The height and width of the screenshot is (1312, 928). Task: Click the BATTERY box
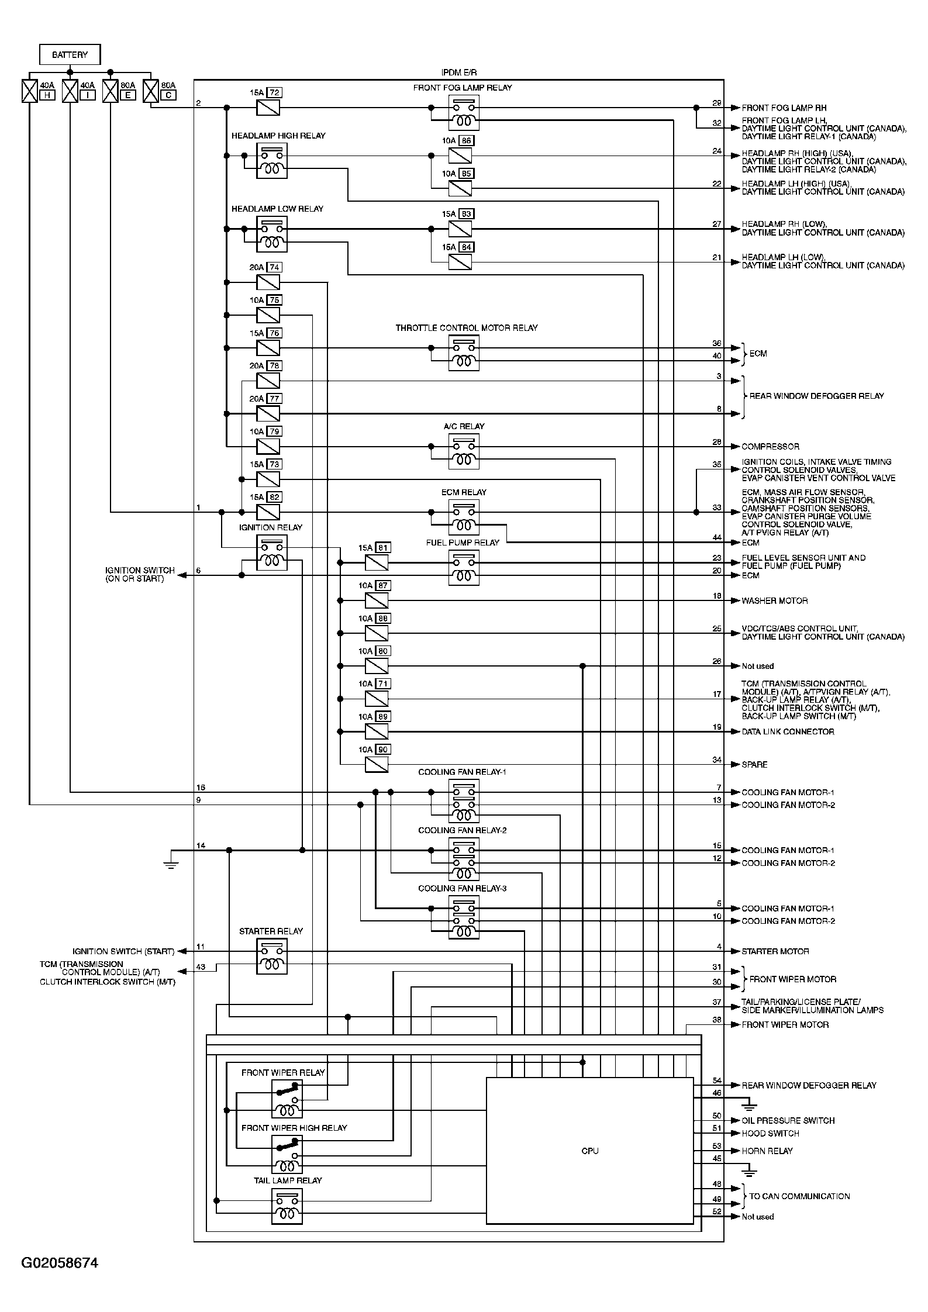70,55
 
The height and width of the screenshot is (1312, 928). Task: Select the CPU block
589,1151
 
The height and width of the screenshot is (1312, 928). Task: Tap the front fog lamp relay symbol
464,113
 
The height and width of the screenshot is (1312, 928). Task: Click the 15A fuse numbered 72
268,108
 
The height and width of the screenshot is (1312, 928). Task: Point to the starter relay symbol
272,957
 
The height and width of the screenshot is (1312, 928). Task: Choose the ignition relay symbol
272,553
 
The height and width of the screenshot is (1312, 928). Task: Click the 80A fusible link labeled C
151,92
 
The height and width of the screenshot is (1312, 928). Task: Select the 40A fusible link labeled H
29,92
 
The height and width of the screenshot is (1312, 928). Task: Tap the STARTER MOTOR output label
775,951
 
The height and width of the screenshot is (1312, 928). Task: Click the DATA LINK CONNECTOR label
788,731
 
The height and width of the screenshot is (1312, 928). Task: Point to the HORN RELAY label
767,1151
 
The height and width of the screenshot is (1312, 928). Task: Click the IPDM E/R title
458,72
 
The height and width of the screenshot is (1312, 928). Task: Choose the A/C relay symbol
464,452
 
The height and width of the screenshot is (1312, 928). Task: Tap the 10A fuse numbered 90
377,764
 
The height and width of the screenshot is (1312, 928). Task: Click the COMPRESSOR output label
770,447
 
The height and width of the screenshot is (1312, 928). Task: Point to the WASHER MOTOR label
774,600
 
